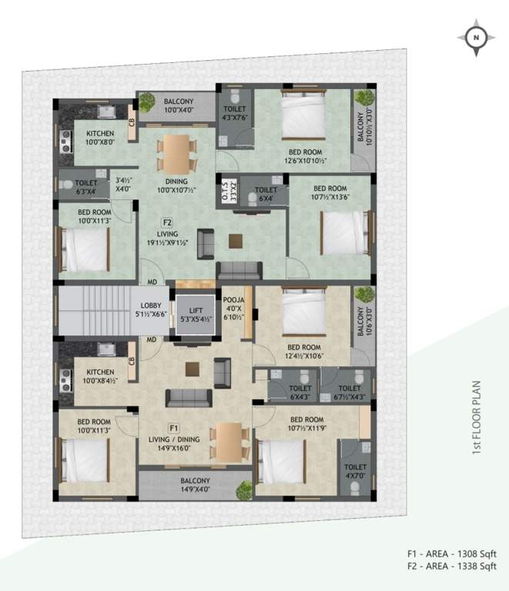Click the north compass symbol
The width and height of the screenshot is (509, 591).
coord(475,36)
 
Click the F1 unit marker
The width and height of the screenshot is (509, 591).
coord(174,427)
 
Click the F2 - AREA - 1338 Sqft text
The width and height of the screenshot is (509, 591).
coord(452,566)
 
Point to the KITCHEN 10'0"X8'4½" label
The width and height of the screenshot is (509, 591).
coord(101,376)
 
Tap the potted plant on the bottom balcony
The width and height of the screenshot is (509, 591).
coord(245,489)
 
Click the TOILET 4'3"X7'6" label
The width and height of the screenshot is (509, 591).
coord(235,115)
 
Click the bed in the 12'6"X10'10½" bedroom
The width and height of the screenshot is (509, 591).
coord(304,115)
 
